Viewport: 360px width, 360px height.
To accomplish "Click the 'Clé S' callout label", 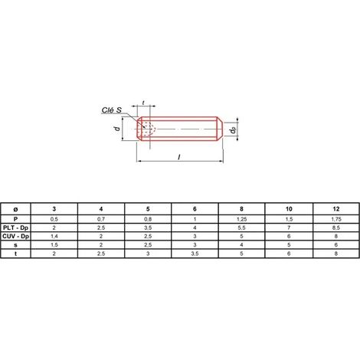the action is pyautogui.click(x=112, y=110).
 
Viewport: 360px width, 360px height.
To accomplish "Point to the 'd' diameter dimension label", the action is pyautogui.click(x=117, y=128).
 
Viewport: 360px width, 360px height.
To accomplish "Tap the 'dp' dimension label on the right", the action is pyautogui.click(x=233, y=130).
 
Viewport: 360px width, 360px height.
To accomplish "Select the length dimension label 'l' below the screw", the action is pyautogui.click(x=179, y=157).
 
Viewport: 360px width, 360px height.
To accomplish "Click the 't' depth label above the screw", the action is pyautogui.click(x=143, y=103).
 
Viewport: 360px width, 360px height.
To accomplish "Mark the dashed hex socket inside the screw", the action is pyautogui.click(x=149, y=129).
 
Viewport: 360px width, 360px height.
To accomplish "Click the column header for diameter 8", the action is pyautogui.click(x=241, y=209).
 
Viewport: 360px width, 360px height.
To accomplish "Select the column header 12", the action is pyautogui.click(x=336, y=209).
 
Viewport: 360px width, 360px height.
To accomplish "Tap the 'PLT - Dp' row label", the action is pyautogui.click(x=15, y=227).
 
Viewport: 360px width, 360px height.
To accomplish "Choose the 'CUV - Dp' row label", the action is pyautogui.click(x=15, y=237).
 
